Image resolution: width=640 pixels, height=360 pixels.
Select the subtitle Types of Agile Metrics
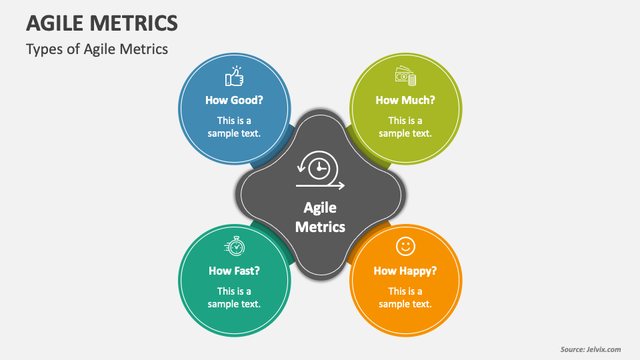[x=97, y=49]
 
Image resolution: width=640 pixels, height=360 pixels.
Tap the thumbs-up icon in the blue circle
[x=234, y=77]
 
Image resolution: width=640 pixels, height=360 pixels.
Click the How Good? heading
[x=234, y=100]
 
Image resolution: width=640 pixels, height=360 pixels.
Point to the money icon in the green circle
[x=405, y=77]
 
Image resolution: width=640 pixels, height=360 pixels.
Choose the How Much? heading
[x=405, y=100]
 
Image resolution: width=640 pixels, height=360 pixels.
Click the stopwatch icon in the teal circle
[x=234, y=247]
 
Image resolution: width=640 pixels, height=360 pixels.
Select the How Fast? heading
[x=234, y=271]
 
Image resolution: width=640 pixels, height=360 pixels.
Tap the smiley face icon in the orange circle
[x=405, y=247]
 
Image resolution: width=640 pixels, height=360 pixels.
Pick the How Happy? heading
[x=405, y=271]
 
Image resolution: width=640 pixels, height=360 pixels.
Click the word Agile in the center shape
[x=320, y=207]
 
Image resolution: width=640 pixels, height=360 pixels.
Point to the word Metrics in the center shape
[x=320, y=227]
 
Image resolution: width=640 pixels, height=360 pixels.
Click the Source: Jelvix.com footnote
[x=590, y=349]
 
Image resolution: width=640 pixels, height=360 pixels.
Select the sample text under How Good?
[x=234, y=127]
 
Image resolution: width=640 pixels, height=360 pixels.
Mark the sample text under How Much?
[x=405, y=127]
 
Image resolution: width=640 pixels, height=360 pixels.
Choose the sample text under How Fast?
[x=234, y=297]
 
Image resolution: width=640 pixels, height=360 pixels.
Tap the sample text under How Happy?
[x=405, y=297]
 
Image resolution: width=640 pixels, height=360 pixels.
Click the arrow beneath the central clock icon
[x=321, y=185]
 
